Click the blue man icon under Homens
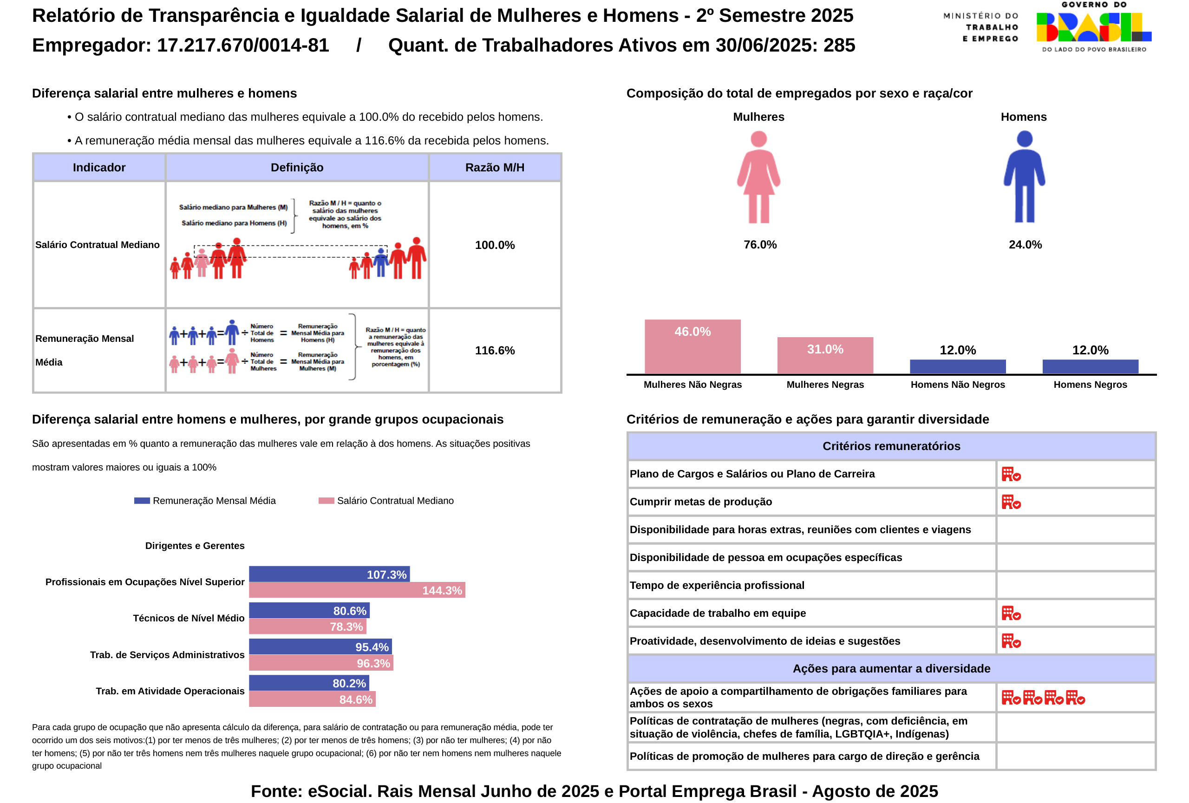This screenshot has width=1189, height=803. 1024,176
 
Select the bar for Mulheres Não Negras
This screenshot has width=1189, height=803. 692,346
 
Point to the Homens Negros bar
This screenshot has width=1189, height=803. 1090,366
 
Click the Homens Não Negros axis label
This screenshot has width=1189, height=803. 957,385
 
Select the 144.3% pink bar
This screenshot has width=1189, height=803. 357,590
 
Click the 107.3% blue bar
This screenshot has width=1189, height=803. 329,574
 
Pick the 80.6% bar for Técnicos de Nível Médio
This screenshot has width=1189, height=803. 309,610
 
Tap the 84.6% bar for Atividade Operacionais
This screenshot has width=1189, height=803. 312,699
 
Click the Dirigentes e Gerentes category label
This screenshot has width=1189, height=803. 195,546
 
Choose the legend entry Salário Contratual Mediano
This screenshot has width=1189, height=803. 394,501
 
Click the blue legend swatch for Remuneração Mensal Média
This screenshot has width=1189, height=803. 142,501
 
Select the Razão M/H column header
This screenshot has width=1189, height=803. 494,167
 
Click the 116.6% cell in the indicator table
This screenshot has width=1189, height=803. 494,350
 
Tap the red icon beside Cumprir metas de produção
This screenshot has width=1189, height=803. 1011,502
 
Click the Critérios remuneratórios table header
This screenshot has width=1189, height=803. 891,446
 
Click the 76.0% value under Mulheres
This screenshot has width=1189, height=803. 760,244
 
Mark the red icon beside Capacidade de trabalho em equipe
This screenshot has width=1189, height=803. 1011,613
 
